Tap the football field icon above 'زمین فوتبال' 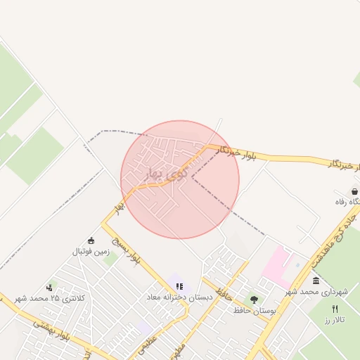pyautogui.click(x=90, y=240)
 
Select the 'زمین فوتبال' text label pyautogui.click(x=89, y=251)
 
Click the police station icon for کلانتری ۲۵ pyautogui.click(x=49, y=288)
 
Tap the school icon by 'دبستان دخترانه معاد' pyautogui.click(x=179, y=286)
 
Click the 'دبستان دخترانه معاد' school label pyautogui.click(x=179, y=297)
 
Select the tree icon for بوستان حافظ pyautogui.click(x=254, y=300)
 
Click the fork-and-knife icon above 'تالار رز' pyautogui.click(x=335, y=309)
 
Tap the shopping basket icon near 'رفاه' pyautogui.click(x=355, y=191)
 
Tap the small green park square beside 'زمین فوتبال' pyautogui.click(x=110, y=258)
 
